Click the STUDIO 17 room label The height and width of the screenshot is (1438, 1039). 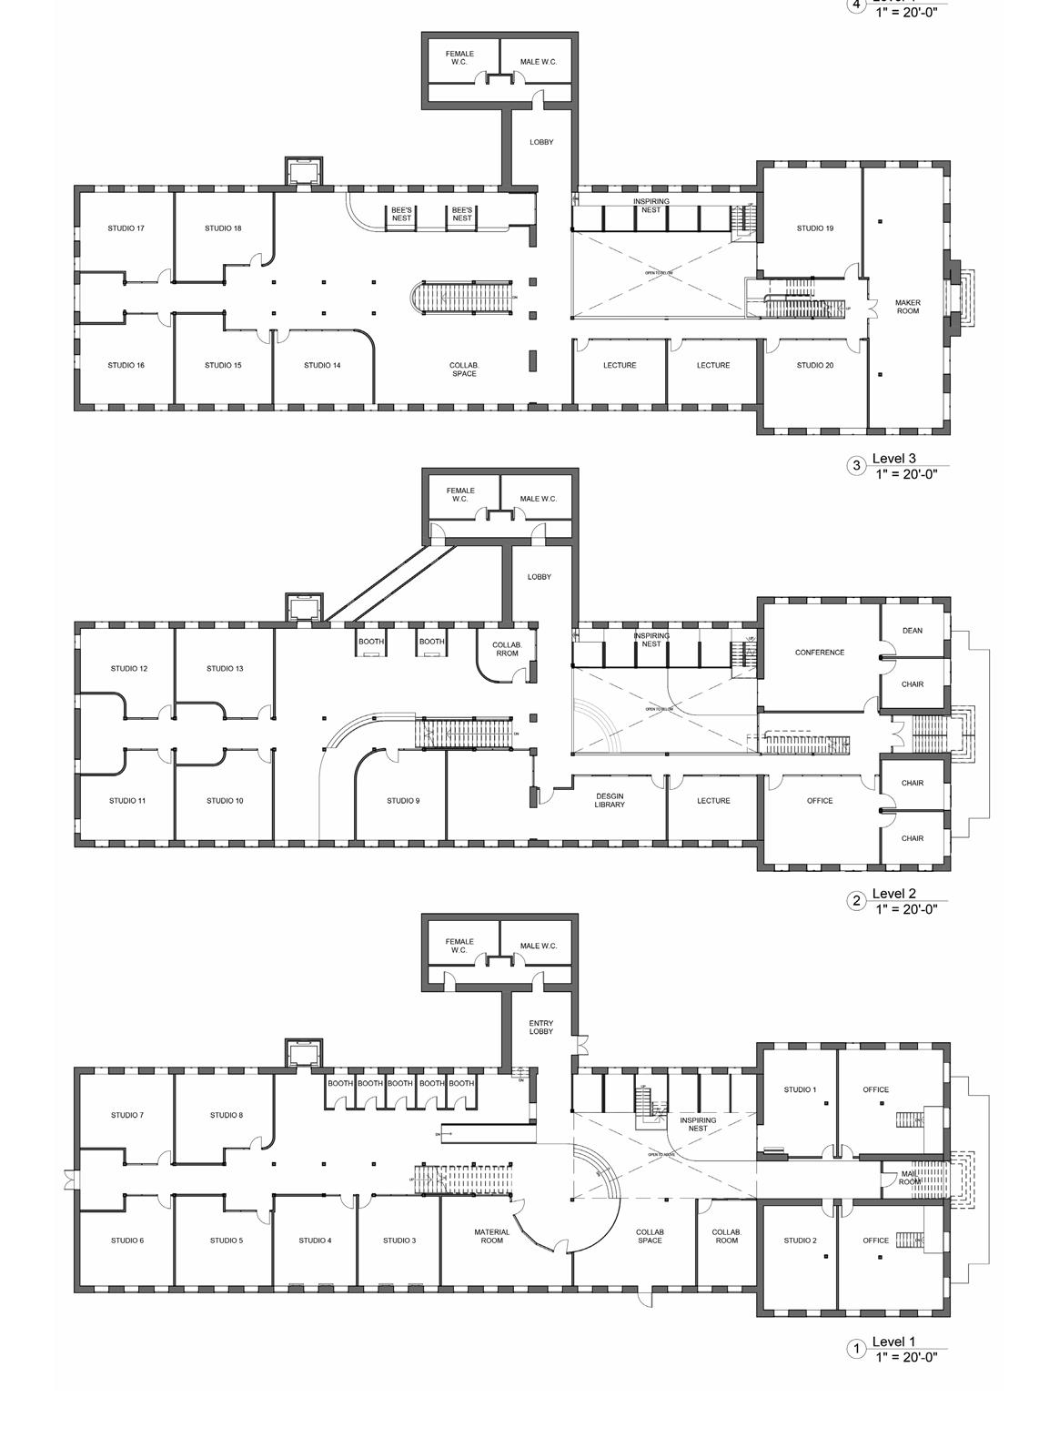[126, 228]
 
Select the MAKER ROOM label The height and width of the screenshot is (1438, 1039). [907, 307]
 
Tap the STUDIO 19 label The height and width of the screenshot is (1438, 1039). [814, 228]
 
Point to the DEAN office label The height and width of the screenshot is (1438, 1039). [912, 631]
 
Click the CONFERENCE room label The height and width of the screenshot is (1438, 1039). [819, 653]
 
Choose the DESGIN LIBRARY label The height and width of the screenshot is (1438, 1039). [610, 800]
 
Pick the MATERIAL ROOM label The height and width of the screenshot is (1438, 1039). [491, 1236]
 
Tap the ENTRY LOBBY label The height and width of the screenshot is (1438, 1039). [541, 1028]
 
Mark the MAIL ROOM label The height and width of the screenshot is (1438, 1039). [910, 1178]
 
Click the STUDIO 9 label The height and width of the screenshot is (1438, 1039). [403, 801]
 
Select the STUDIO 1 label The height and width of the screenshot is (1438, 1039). [800, 1089]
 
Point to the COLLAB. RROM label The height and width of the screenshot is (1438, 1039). [507, 649]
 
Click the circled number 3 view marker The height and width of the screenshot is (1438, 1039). [855, 466]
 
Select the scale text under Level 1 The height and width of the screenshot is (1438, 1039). [906, 1357]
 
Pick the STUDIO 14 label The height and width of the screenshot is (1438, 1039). [322, 366]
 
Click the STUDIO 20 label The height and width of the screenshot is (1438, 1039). [814, 366]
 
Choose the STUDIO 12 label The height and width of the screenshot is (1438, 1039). [129, 669]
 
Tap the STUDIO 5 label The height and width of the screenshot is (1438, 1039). [226, 1241]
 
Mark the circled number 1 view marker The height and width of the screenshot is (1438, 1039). [855, 1349]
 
